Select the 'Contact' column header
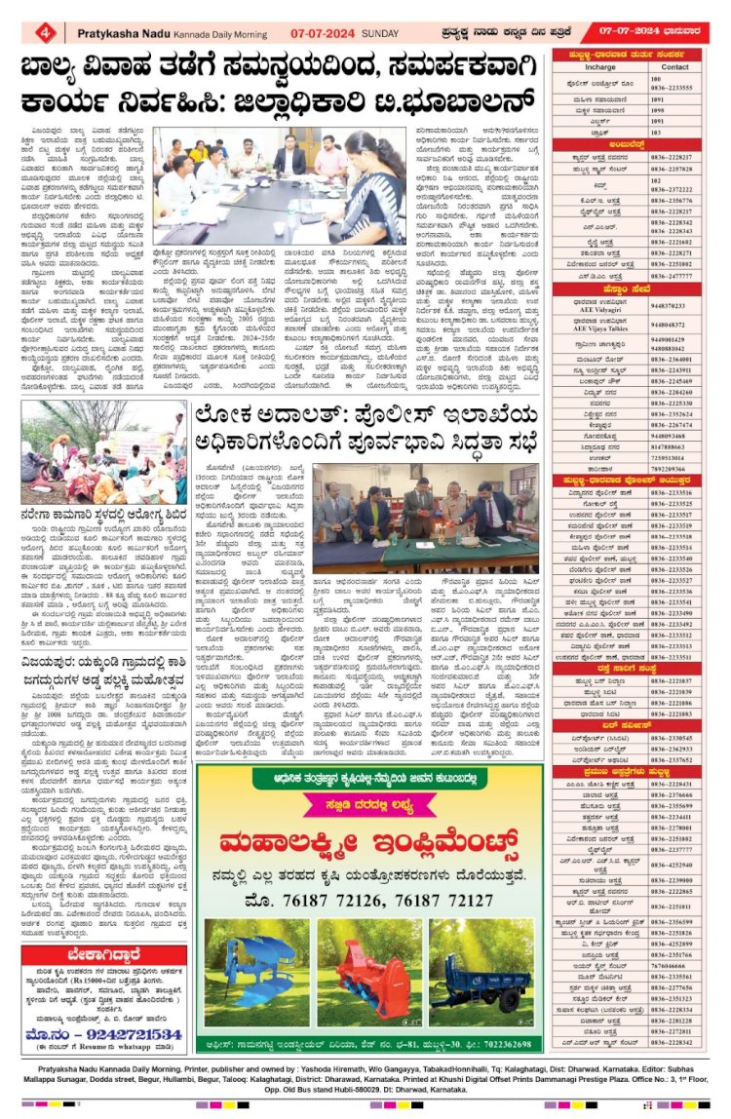pos(674,67)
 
